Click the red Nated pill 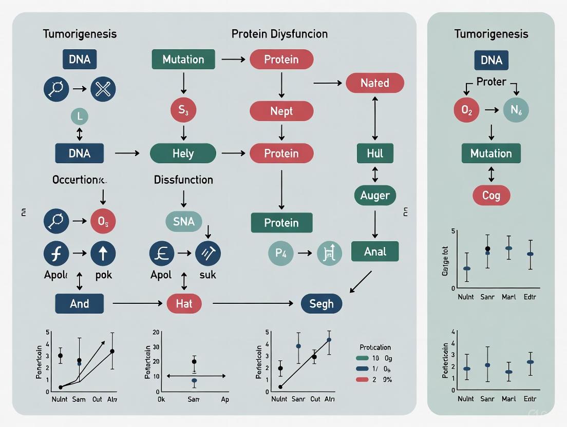(375, 83)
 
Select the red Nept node (281, 111)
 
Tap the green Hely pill (183, 153)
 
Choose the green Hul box (375, 153)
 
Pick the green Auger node (375, 195)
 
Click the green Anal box (375, 251)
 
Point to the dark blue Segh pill (322, 303)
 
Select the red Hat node (184, 303)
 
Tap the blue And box (79, 303)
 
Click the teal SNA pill (184, 221)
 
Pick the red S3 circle (183, 110)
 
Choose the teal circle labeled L (79, 117)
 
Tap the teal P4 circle (281, 253)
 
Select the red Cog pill (491, 196)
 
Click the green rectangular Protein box (281, 222)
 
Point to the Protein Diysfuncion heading (279, 34)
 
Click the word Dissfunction (183, 180)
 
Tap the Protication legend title (375, 347)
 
